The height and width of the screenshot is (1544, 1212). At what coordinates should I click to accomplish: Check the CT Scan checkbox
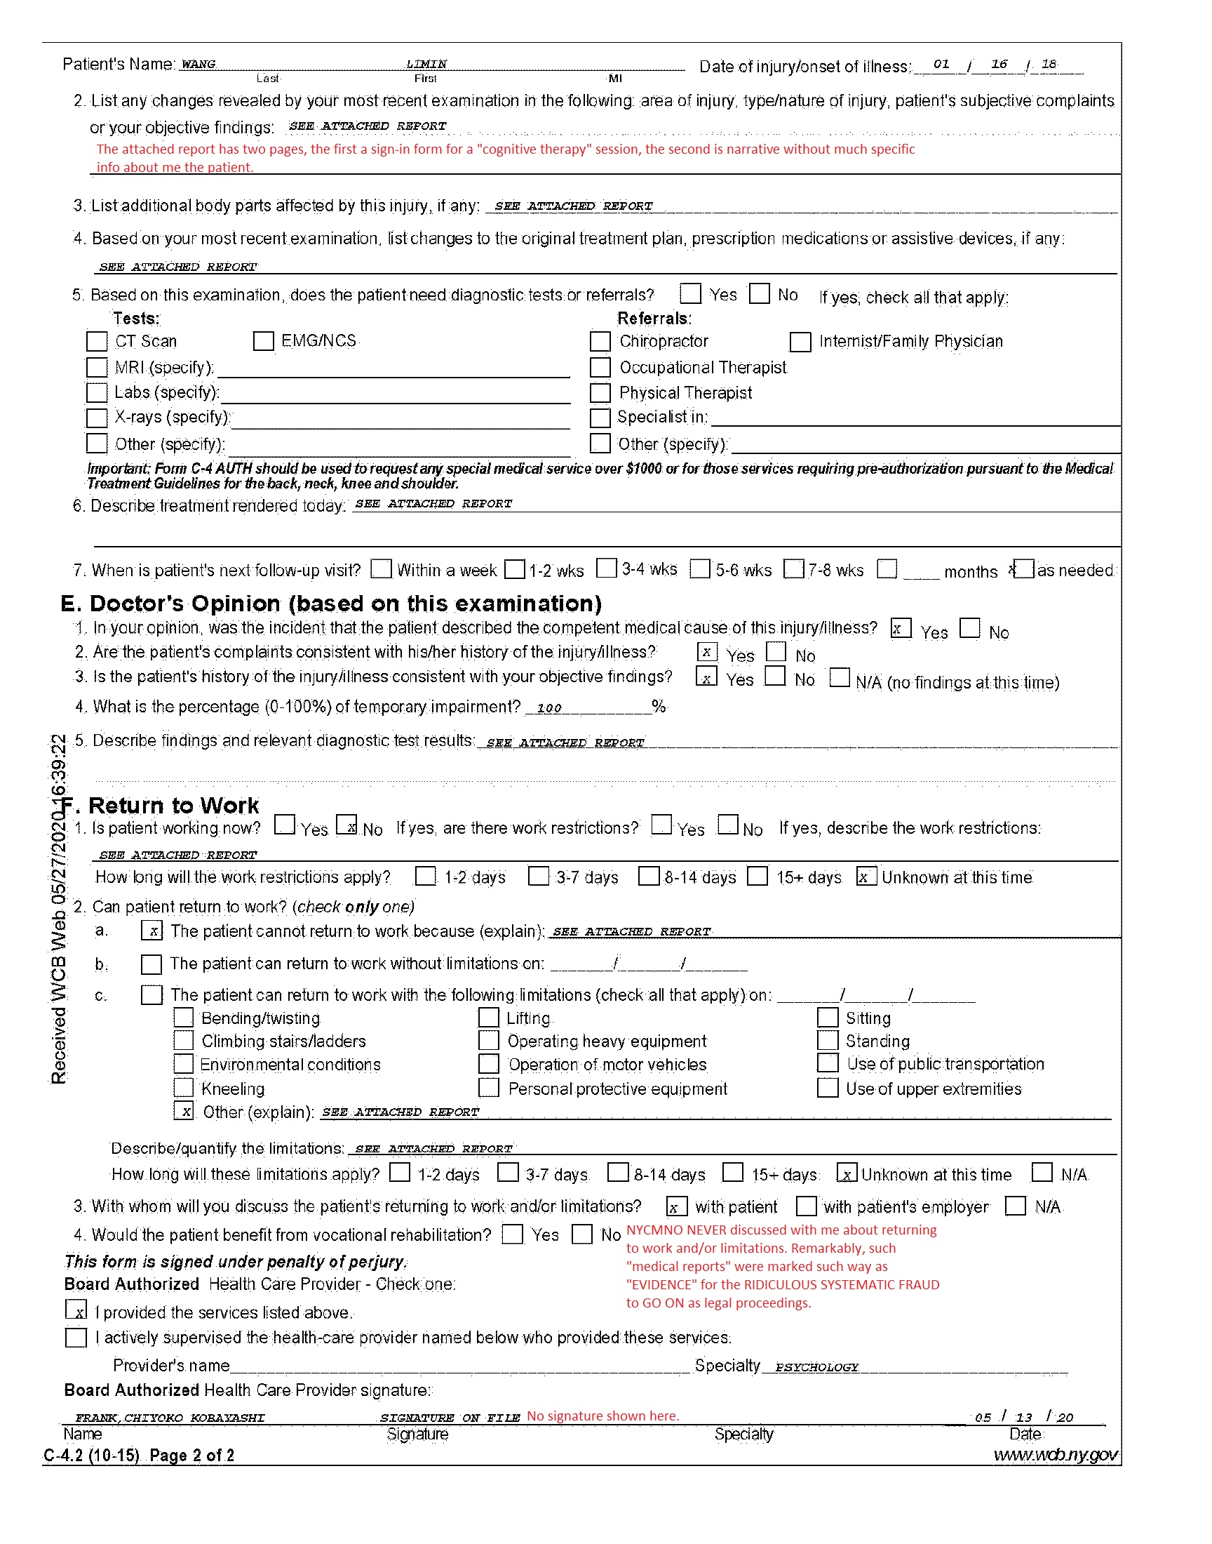click(97, 342)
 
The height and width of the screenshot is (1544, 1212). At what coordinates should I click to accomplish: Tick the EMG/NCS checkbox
click(263, 342)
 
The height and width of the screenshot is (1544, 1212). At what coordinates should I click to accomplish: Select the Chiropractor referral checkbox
click(600, 342)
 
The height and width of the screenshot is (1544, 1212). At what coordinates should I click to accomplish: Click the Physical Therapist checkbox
click(600, 393)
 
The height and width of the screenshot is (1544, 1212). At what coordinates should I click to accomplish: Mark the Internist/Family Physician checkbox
click(800, 342)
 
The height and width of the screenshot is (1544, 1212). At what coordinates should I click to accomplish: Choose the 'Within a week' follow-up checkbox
click(382, 569)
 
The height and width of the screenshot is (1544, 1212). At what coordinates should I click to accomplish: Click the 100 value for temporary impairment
click(549, 708)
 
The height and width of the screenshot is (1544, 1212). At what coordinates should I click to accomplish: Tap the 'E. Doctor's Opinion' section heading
click(330, 604)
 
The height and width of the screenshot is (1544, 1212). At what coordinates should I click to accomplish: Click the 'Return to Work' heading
click(173, 806)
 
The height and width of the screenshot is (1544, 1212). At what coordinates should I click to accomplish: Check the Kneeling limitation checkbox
click(184, 1089)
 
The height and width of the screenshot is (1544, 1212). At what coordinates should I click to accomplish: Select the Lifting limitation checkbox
click(489, 1018)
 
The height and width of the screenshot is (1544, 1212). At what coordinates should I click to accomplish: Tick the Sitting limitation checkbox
click(828, 1018)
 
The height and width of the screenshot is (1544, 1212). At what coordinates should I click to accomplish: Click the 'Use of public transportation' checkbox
click(828, 1063)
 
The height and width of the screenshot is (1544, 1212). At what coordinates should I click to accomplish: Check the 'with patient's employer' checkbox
click(806, 1206)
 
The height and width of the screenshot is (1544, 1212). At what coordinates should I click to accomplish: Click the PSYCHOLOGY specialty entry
click(816, 1367)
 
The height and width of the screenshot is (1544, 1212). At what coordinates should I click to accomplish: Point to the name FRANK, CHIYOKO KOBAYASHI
click(170, 1418)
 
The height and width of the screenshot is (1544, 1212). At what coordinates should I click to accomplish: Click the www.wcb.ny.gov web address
click(1055, 1455)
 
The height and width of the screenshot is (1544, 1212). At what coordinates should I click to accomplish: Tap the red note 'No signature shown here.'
click(602, 1416)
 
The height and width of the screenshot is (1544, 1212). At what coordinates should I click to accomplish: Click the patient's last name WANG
click(198, 64)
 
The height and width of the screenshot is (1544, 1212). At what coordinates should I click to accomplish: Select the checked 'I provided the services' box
click(76, 1310)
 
